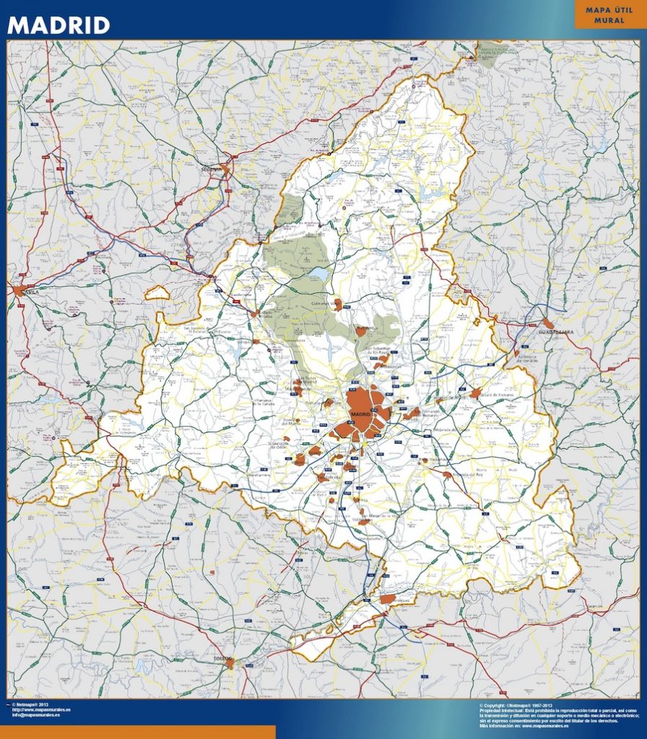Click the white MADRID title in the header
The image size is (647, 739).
point(58,25)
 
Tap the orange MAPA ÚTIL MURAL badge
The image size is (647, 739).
point(609,15)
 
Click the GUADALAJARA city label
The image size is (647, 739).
point(555,332)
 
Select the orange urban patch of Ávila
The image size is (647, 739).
point(18,290)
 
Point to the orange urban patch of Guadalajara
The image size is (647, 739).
point(549,324)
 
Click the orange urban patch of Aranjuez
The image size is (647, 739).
point(388,598)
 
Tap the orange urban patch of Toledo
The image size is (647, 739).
point(230,664)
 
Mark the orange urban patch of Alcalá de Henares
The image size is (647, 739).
point(475,393)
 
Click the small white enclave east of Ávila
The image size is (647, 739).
point(157,293)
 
